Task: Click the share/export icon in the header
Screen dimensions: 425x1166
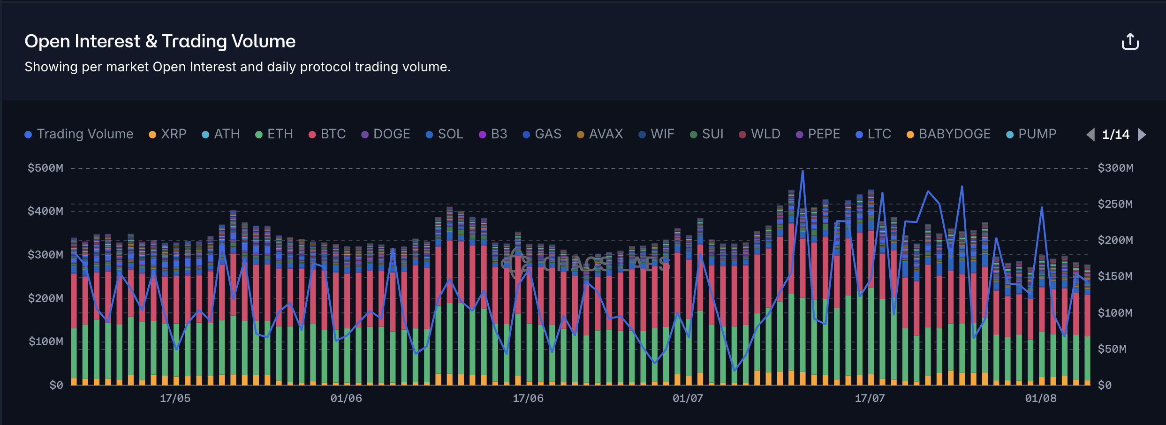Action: pos(1130,41)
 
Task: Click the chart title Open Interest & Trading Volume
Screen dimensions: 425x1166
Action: pos(160,41)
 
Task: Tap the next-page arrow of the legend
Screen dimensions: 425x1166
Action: pos(1142,135)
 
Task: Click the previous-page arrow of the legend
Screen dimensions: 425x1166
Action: pos(1090,135)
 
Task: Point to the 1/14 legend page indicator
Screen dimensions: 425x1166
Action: pos(1116,135)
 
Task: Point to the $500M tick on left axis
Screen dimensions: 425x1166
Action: pos(45,168)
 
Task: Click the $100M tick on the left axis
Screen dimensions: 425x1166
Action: pos(45,342)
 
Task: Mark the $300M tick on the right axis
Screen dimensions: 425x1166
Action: pos(1115,168)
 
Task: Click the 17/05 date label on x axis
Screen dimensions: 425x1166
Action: pos(175,398)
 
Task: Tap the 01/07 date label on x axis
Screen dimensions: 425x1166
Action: pos(688,398)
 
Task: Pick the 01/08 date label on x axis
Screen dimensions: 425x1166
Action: pos(1041,398)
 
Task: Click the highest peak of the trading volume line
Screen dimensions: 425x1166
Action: pos(803,171)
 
